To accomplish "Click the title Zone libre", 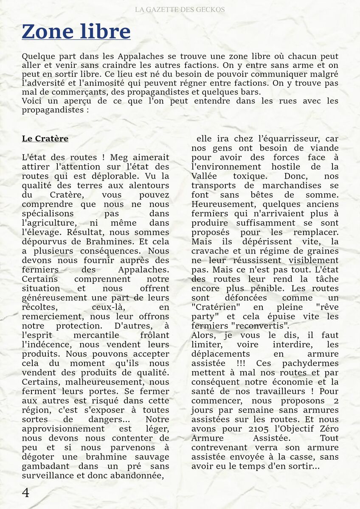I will pos(76,32).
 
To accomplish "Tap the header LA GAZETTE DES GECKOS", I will pos(180,9).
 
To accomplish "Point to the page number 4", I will pos(25,492).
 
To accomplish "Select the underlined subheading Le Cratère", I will pos(45,139).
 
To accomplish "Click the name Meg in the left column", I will pos(119,157).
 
